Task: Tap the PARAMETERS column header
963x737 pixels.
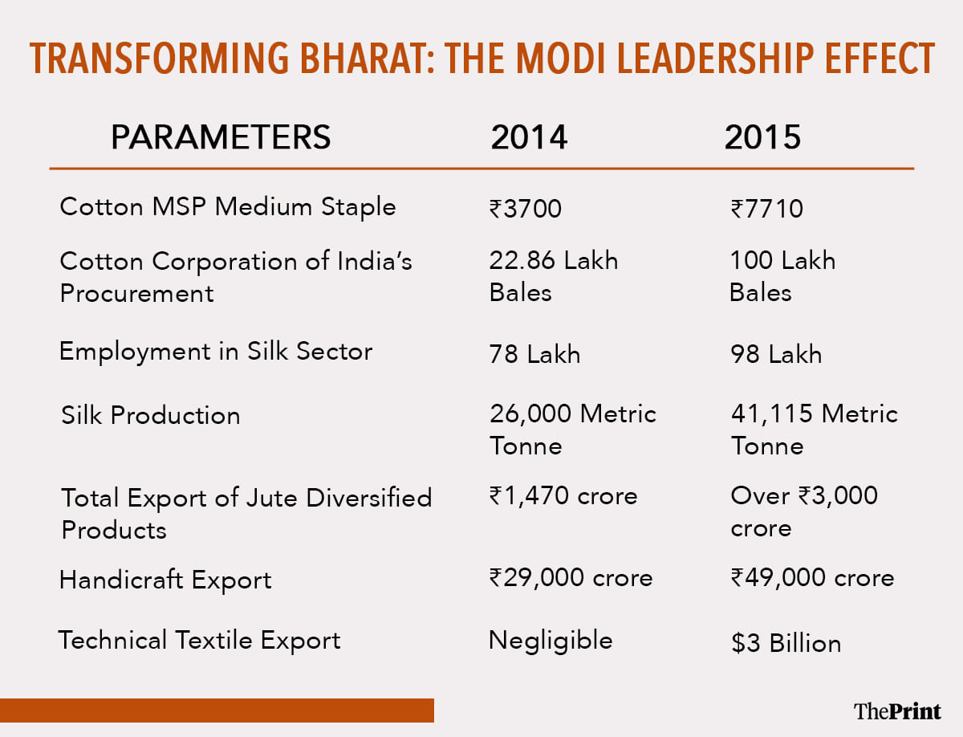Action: point(221,137)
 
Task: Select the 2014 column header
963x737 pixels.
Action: point(529,138)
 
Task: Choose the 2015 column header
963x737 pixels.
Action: point(762,138)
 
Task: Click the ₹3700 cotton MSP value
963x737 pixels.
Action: point(526,209)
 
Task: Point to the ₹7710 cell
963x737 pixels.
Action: point(766,209)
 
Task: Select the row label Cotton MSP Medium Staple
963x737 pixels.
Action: point(228,207)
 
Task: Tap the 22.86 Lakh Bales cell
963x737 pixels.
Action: point(554,275)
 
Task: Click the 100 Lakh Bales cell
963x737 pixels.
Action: point(782,275)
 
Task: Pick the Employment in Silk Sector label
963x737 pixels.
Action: point(216,352)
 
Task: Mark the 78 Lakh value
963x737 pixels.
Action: point(534,354)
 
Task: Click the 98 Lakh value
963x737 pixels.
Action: point(776,354)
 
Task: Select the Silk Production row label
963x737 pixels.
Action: point(151,415)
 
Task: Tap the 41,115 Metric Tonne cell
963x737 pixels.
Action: point(814,430)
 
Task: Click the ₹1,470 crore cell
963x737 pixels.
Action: point(563,496)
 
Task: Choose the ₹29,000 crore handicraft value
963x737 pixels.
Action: point(571,578)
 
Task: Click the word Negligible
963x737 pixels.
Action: point(551,641)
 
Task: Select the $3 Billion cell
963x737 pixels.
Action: point(786,643)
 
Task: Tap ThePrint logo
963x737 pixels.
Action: point(897,711)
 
